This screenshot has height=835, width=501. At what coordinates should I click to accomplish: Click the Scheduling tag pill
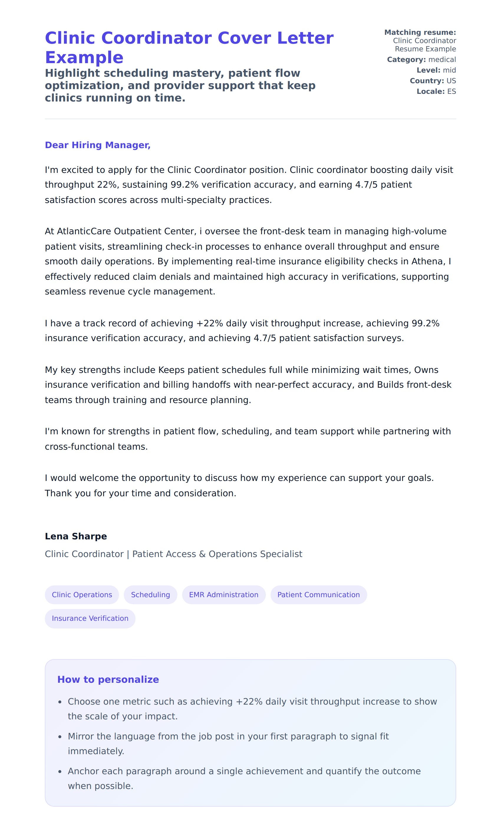[150, 595]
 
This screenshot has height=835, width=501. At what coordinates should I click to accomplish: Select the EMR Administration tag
[223, 595]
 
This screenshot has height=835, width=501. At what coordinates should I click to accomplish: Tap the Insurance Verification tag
[90, 618]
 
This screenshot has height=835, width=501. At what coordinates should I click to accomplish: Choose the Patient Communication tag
[318, 595]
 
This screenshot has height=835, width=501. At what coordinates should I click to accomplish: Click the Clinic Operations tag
[82, 595]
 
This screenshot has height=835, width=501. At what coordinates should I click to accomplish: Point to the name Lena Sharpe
[76, 536]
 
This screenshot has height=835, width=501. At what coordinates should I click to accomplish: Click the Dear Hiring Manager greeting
[98, 145]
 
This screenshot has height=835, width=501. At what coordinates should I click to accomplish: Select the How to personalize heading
[108, 680]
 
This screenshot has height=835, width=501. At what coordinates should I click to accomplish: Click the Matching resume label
[420, 32]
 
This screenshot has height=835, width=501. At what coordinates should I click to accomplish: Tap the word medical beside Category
[442, 60]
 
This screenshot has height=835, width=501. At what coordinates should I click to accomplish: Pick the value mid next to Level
[449, 70]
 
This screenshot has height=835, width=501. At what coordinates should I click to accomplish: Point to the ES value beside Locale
[451, 91]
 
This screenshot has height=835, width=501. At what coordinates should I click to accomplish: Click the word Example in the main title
[84, 58]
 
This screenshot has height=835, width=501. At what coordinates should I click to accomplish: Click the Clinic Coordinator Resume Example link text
[425, 45]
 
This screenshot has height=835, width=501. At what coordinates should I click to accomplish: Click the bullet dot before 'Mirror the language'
[60, 736]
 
